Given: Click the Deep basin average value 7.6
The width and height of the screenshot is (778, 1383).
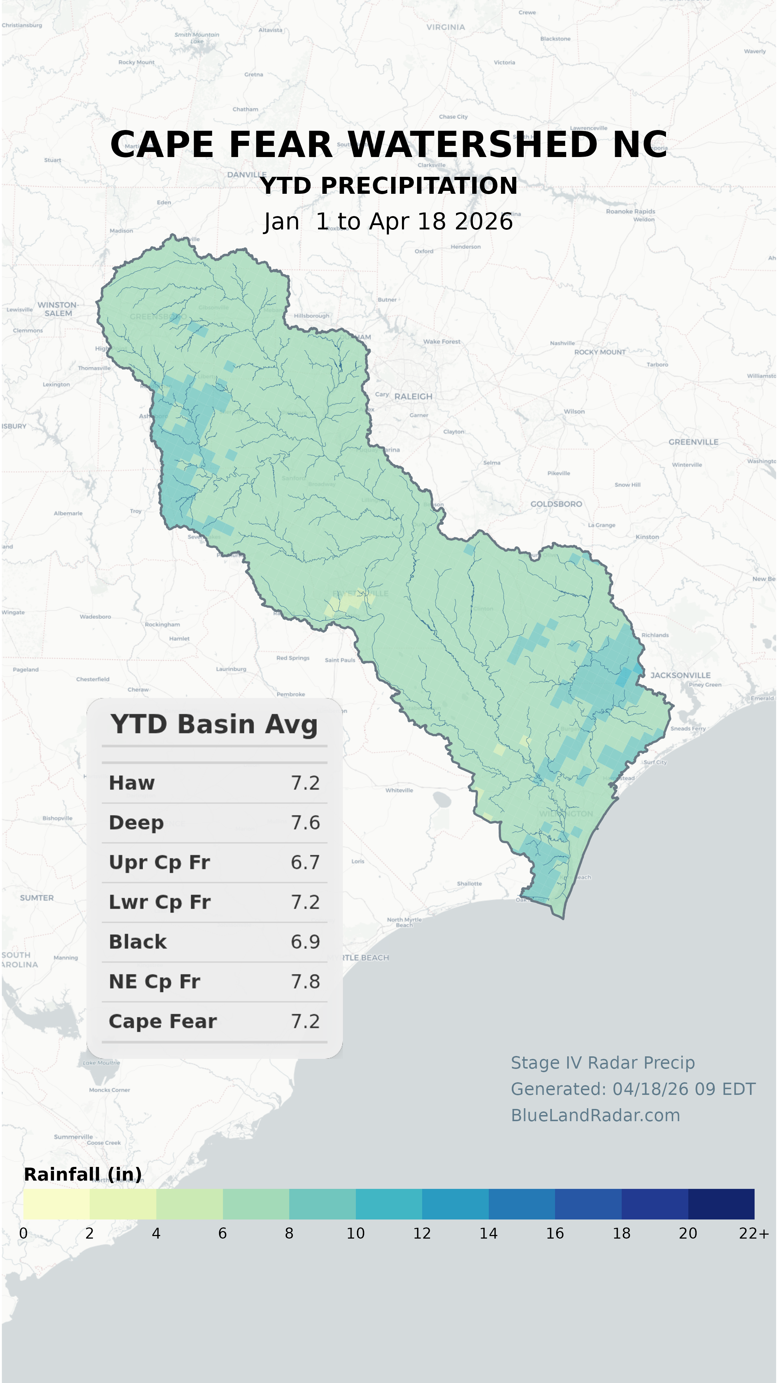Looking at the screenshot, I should pyautogui.click(x=305, y=823).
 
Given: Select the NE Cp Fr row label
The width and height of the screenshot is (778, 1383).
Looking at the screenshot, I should pyautogui.click(x=154, y=981).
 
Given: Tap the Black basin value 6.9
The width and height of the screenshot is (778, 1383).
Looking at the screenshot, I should pyautogui.click(x=305, y=942).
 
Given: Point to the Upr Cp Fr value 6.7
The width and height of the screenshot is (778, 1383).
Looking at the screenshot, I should pyautogui.click(x=305, y=862).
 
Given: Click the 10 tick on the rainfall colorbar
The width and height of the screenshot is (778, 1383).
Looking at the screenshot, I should pyautogui.click(x=356, y=1233).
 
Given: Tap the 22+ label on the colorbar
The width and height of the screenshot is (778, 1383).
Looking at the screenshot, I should pyautogui.click(x=753, y=1233).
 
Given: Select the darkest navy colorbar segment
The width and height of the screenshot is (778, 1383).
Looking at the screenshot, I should pyautogui.click(x=721, y=1204).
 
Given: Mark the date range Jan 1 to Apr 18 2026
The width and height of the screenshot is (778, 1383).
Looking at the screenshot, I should pyautogui.click(x=388, y=221).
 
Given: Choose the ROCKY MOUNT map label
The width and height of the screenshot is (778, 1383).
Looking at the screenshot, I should pyautogui.click(x=599, y=352).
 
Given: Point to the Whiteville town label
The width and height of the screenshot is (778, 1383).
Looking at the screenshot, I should pyautogui.click(x=399, y=790).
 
